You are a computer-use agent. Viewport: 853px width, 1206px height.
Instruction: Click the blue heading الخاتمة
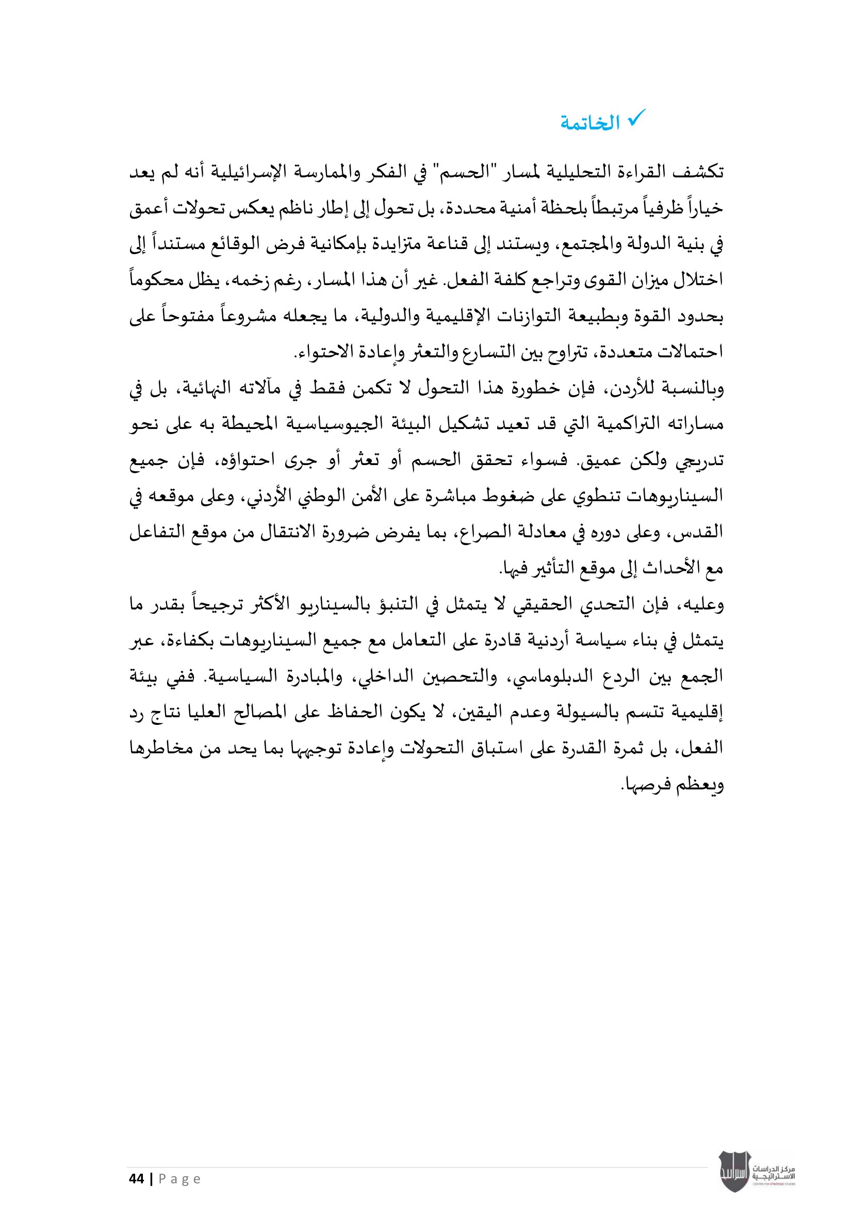click(x=590, y=124)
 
